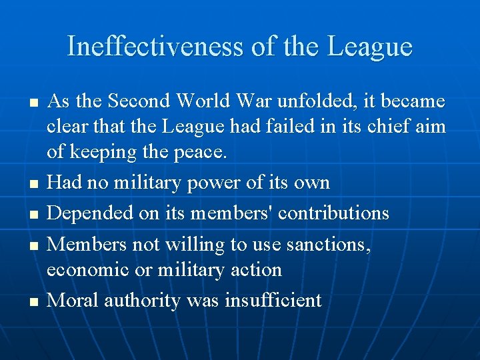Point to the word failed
tap(296, 127)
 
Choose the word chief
tap(393, 127)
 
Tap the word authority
tap(141, 301)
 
